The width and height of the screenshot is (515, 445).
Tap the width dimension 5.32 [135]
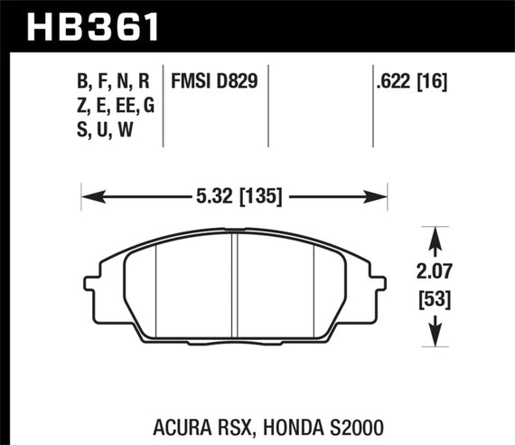pos(234,194)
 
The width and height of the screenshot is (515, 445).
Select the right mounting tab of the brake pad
pos(379,290)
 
